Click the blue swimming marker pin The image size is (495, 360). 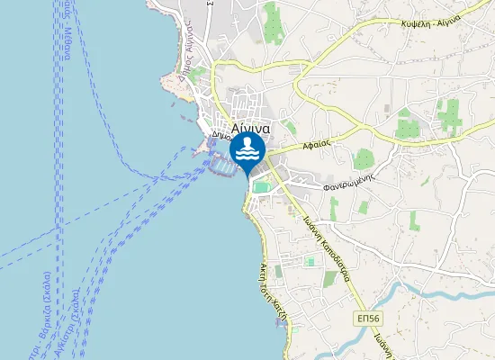tap(247, 150)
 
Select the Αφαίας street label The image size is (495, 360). tap(319, 144)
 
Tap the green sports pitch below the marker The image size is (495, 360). tap(261, 187)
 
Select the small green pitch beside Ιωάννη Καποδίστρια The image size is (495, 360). tap(310, 262)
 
